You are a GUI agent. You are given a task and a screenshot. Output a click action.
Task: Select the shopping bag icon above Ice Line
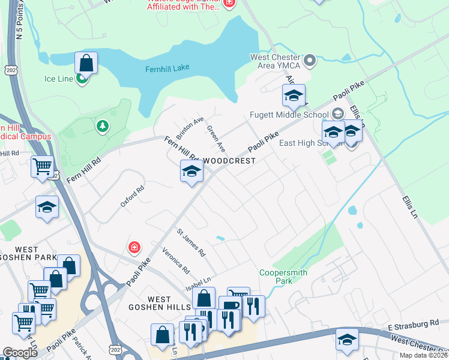point(86,63)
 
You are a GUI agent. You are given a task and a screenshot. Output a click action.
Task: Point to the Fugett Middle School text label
point(289,115)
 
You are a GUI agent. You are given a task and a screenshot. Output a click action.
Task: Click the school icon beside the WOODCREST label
point(192,172)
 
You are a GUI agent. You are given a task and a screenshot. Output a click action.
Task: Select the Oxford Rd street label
point(133,196)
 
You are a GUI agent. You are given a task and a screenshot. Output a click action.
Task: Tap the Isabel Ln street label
point(198,280)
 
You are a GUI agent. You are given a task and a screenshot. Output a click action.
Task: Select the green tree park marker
point(103,126)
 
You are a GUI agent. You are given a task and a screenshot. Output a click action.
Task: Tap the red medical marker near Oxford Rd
point(134,247)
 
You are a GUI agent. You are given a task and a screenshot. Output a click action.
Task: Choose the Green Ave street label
point(216,138)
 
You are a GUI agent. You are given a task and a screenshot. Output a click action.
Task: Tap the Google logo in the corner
point(20,352)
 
